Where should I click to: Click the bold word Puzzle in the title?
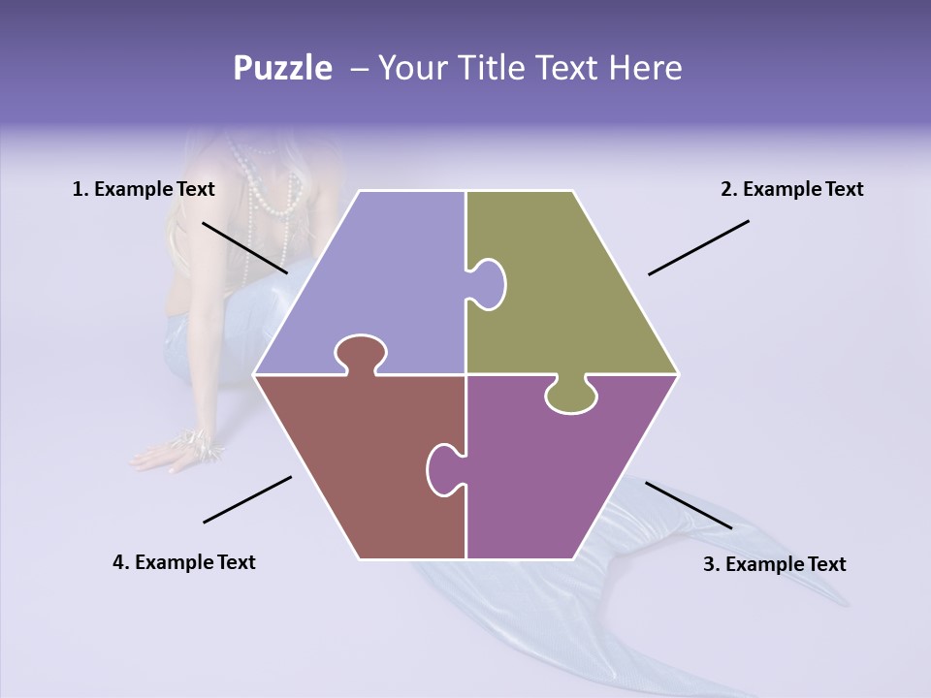(x=282, y=68)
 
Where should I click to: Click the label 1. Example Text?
(x=144, y=189)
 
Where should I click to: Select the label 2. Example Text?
(x=791, y=189)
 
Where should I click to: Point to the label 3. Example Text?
(x=774, y=564)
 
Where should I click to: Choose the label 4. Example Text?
(x=184, y=562)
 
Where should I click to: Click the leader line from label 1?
(x=244, y=247)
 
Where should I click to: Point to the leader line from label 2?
(x=698, y=247)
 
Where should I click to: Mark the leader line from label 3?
(x=689, y=505)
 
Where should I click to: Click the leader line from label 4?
(x=247, y=499)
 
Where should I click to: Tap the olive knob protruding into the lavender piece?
(x=489, y=283)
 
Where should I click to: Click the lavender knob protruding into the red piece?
(x=360, y=353)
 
